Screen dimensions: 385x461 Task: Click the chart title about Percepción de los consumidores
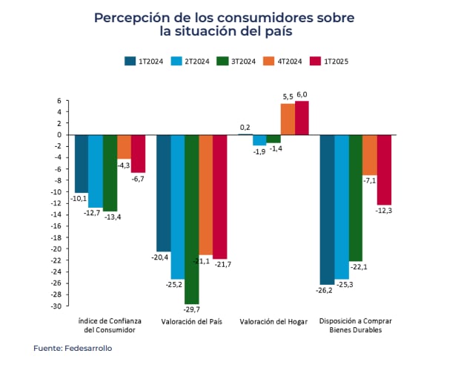point(224,24)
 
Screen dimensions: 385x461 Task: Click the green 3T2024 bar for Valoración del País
point(192,219)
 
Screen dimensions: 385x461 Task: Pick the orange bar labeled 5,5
point(288,119)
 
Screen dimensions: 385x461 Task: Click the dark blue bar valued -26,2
point(327,209)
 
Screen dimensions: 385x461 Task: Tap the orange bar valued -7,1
point(369,154)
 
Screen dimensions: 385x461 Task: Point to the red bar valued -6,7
point(139,154)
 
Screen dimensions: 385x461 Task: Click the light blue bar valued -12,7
point(96,171)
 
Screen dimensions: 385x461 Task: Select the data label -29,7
point(192,309)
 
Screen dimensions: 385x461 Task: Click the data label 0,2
point(245,128)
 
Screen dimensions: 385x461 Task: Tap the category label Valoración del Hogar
point(273,322)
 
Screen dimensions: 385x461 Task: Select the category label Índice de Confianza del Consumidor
point(109,326)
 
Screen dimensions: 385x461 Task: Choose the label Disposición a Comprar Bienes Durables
point(355,326)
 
